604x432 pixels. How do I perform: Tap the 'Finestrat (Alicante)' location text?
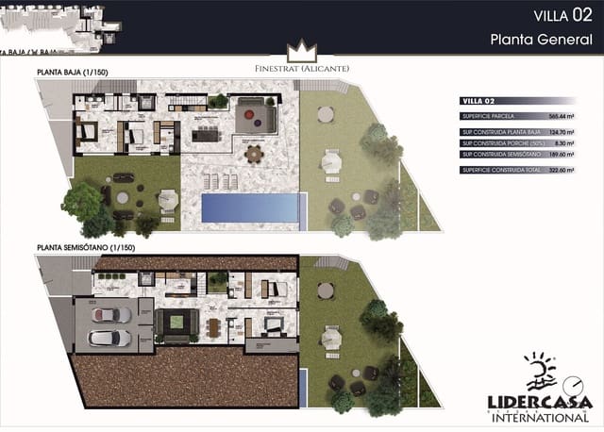[x=302, y=68]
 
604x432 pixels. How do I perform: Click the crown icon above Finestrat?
[x=302, y=50]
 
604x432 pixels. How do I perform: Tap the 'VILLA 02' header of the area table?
[x=478, y=99]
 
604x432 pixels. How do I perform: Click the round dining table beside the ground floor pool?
[x=254, y=153]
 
